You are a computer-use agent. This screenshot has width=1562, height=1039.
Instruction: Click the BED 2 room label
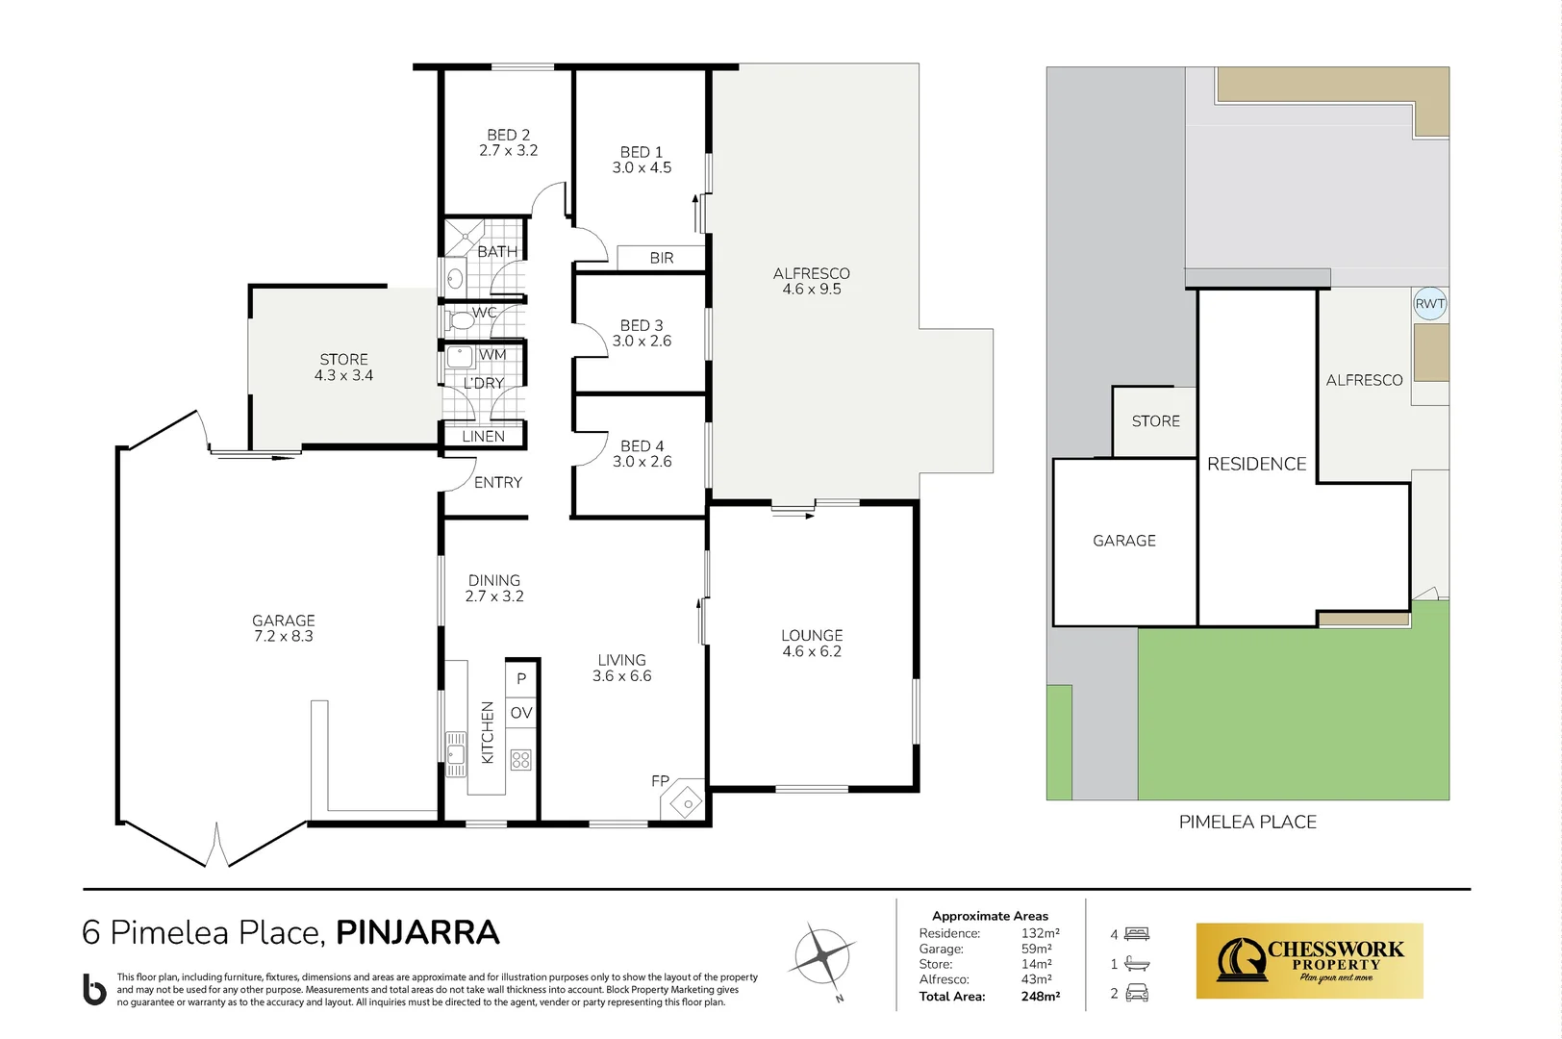[x=508, y=142]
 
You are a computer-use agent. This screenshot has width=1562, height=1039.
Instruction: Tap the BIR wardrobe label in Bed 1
[x=662, y=258]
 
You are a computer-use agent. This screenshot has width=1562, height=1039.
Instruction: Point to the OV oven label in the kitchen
[x=521, y=713]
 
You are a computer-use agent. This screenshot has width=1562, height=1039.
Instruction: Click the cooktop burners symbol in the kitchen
[x=521, y=760]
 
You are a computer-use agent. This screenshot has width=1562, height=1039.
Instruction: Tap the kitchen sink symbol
[x=456, y=753]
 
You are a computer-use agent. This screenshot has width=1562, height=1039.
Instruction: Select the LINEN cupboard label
[x=483, y=436]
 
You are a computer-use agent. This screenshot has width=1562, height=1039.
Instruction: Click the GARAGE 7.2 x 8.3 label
[x=283, y=628]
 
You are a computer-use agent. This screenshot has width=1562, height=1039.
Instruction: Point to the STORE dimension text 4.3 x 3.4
[x=343, y=376]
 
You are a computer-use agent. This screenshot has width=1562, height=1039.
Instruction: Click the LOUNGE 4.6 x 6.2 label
[x=812, y=644]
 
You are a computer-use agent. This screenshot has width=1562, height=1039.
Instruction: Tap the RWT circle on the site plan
[x=1429, y=304]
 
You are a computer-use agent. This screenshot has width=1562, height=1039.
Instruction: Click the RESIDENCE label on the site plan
[x=1256, y=464]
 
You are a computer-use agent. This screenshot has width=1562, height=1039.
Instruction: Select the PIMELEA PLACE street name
[x=1247, y=822]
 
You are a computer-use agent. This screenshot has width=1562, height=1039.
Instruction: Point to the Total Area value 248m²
[x=1040, y=997]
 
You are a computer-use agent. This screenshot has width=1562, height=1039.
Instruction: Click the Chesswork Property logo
[x=1309, y=961]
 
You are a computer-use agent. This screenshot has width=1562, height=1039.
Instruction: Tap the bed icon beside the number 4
[x=1137, y=934]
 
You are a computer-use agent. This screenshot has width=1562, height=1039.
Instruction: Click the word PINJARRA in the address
[x=417, y=932]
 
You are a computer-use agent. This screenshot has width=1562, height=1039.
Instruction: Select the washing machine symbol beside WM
[x=461, y=356]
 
